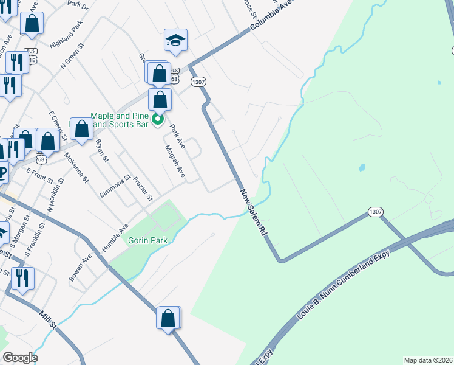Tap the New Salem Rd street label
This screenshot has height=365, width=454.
[x=254, y=212]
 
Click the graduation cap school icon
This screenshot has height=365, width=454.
[x=175, y=41]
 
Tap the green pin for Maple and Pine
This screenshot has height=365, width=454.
[x=158, y=120]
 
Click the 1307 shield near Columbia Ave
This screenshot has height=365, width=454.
[x=197, y=81]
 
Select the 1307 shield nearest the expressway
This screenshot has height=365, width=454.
[x=375, y=212]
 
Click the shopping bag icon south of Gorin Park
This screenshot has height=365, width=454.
[x=168, y=318]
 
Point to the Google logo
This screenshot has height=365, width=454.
[x=20, y=358]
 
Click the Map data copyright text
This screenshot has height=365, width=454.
[x=428, y=360]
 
